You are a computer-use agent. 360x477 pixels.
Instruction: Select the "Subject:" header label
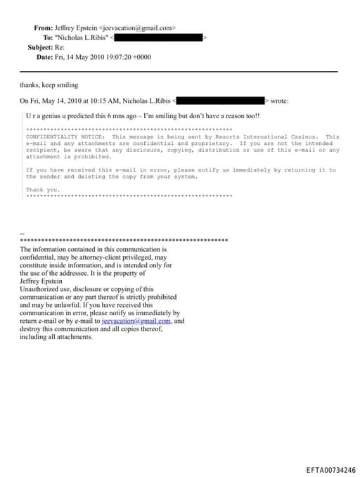click(40, 47)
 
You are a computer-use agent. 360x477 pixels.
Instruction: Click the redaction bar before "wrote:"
click(220, 101)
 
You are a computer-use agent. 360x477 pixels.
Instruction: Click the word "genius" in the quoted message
click(48, 116)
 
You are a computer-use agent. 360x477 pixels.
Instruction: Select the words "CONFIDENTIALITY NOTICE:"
click(65, 136)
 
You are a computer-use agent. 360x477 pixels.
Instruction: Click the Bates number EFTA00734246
click(330, 470)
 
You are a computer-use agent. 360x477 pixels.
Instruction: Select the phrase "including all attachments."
click(56, 337)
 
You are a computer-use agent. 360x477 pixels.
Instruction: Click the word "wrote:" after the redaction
click(279, 101)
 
